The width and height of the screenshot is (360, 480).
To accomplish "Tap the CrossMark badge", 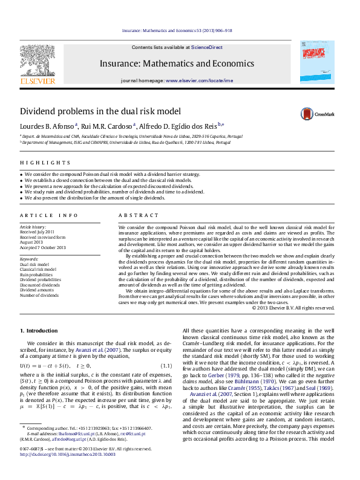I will pyautogui.click(x=319, y=113).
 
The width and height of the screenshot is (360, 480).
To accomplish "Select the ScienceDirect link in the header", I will pyautogui.click(x=207, y=47).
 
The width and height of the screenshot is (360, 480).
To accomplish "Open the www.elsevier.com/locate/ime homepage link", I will pyautogui.click(x=199, y=80).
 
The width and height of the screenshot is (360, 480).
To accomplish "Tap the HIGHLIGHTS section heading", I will pyautogui.click(x=45, y=163).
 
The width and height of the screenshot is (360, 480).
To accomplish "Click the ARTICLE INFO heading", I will pyautogui.click(x=49, y=216).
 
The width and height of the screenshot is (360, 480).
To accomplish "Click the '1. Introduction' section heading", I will pyautogui.click(x=39, y=331).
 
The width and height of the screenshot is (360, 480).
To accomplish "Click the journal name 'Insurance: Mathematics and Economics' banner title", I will pyautogui.click(x=177, y=63).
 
